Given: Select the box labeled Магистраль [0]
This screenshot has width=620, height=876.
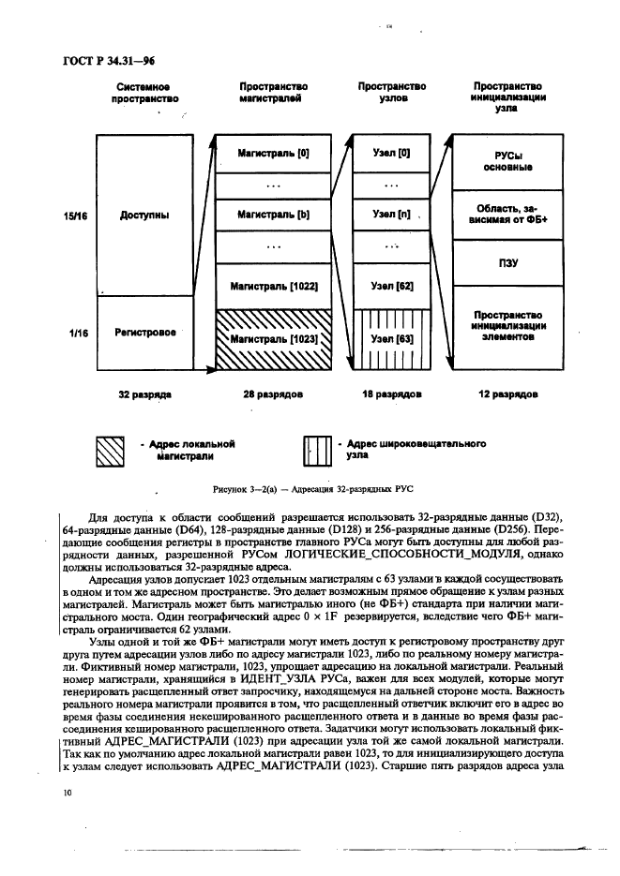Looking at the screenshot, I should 273,152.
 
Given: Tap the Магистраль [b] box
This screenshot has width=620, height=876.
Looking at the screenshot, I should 273,215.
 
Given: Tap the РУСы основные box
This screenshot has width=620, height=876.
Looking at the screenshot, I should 507,160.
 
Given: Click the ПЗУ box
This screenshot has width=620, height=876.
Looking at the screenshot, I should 507,264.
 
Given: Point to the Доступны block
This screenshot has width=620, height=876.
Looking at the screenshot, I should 144,215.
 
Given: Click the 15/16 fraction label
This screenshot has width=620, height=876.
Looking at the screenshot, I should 76,215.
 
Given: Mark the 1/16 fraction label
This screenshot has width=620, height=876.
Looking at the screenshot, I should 77,333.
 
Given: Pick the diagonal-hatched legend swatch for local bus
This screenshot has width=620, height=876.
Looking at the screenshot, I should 113,451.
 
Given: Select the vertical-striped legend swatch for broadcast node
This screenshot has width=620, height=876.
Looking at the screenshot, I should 319,451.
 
